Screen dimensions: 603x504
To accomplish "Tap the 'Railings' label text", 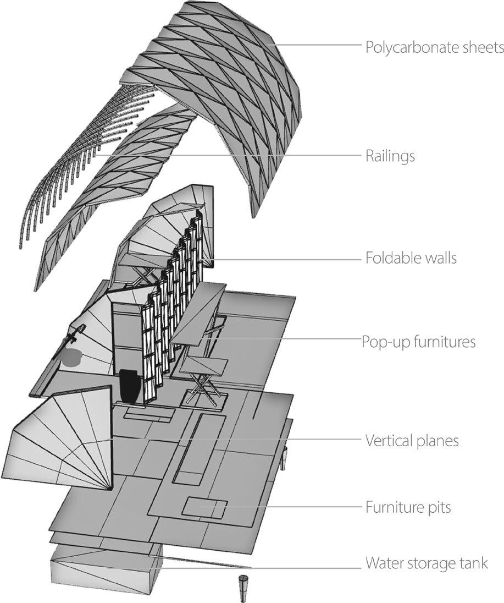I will point(390,156).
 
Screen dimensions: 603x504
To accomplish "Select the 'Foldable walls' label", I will point(411,257).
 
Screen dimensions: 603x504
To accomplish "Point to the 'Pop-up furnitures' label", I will point(418,342).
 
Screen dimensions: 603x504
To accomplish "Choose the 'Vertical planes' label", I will point(412,441).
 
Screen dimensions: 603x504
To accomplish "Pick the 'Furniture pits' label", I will point(408,507).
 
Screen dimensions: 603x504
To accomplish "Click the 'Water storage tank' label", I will point(427,564).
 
